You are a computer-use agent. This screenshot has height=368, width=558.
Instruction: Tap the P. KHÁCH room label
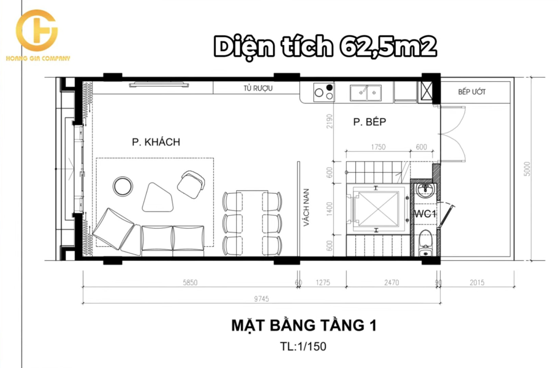pos(156,142)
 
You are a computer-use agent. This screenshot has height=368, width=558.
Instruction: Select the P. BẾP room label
pos(370,122)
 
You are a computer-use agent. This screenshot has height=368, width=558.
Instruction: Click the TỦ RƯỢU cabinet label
pos(258,88)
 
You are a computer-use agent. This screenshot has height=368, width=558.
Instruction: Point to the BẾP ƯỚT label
pos(472,92)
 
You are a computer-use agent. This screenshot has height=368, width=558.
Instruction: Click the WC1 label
pos(425,214)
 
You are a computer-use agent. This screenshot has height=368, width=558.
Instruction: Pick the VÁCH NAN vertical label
pos(306,208)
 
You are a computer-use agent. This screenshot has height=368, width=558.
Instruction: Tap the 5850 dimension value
pos(190,282)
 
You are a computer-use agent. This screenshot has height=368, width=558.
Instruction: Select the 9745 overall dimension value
pos(261,299)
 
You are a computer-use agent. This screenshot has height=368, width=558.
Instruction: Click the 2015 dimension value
pos(477,282)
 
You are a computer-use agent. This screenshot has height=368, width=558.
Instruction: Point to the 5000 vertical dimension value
pos(527,169)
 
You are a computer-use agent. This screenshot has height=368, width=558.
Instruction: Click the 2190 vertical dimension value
pos(330,121)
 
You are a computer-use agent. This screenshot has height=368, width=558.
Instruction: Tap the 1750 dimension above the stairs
pos(378,147)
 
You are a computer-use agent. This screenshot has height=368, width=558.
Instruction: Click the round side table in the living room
pos(123,186)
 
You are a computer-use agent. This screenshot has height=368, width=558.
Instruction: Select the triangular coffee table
pos(157,198)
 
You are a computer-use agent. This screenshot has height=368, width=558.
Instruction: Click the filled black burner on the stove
pos(330,87)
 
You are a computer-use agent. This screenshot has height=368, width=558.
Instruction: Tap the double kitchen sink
pos(366,93)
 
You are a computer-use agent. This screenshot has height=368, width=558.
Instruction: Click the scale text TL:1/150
pos(303,346)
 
